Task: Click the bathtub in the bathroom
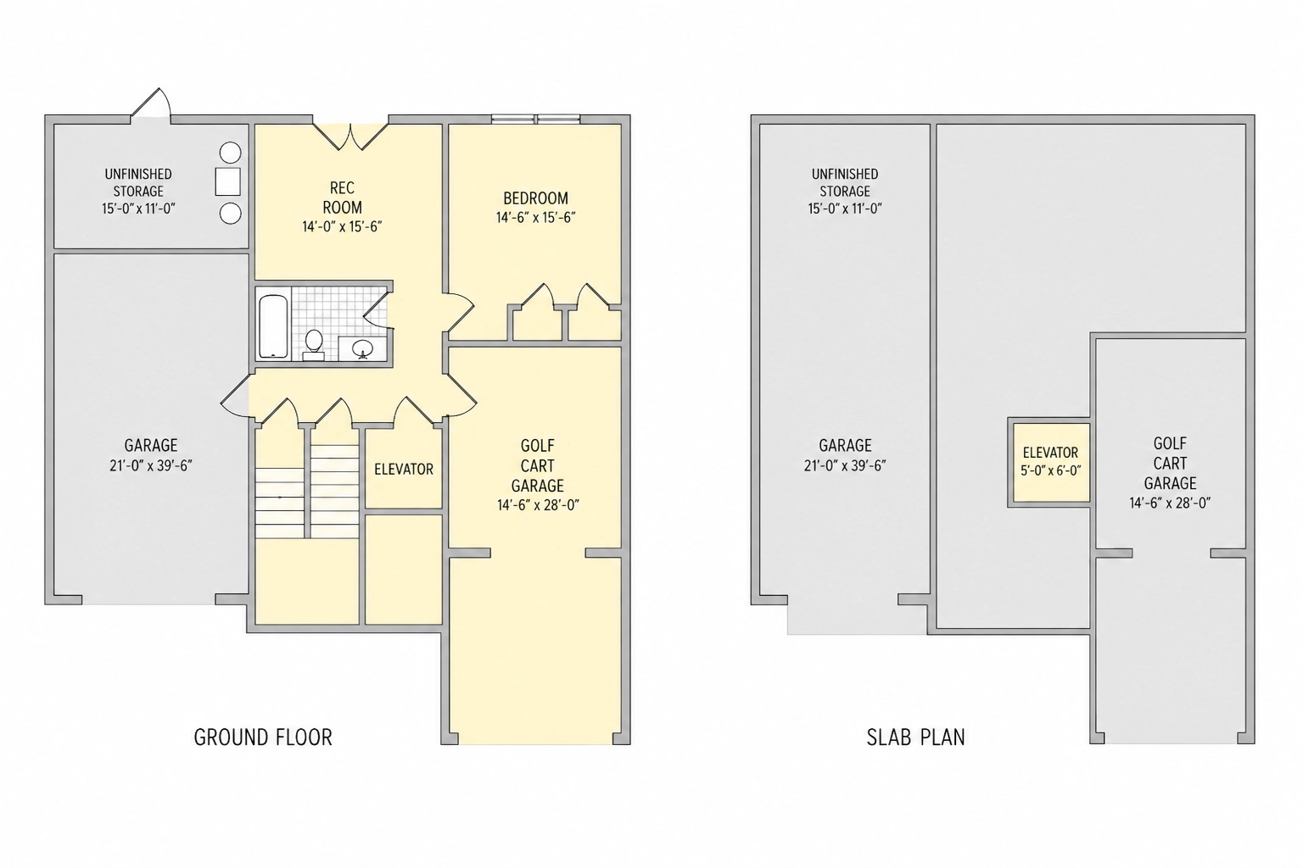tap(273, 326)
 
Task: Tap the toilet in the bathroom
tap(314, 345)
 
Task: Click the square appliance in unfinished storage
tap(227, 182)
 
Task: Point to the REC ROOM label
tap(342, 198)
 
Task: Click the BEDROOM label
tap(536, 198)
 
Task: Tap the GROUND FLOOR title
tap(263, 737)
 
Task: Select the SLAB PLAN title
tap(915, 737)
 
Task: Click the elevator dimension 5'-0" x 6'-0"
tap(1050, 470)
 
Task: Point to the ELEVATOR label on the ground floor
tap(404, 469)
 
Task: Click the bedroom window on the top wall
tap(536, 120)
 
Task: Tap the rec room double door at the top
tap(350, 136)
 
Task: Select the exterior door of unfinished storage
tap(151, 104)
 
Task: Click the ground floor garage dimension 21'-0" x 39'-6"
tap(151, 465)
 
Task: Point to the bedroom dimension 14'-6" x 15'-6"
tap(536, 218)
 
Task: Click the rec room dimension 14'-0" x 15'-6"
tap(342, 226)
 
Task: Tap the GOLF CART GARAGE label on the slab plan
tap(1170, 464)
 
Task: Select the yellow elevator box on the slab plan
tap(1050, 462)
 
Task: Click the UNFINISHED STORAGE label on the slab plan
tap(845, 182)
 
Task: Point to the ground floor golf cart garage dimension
tap(538, 505)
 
